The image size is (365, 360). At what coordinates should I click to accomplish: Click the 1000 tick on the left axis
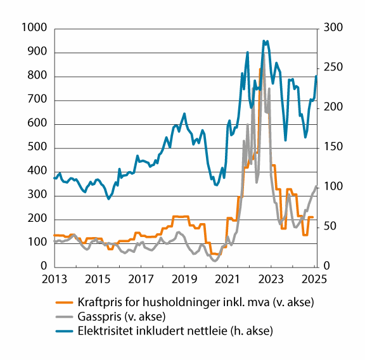(32, 28)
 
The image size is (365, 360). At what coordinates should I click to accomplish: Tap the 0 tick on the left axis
(43, 267)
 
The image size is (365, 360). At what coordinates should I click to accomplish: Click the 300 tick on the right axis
(332, 28)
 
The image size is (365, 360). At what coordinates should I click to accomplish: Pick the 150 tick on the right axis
(332, 148)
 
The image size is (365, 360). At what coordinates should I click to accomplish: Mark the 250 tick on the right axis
(332, 68)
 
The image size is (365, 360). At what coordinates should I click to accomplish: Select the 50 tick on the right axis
(330, 228)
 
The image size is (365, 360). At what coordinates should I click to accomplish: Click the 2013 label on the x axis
(54, 280)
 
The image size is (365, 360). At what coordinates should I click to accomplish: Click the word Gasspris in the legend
(96, 317)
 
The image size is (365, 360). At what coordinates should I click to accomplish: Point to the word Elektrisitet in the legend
(103, 330)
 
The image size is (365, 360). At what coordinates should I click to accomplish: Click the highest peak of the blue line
(264, 41)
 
